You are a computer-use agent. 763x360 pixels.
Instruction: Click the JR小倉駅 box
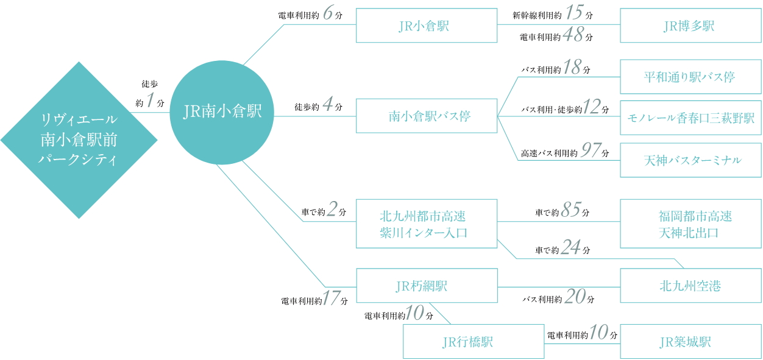tap(427, 26)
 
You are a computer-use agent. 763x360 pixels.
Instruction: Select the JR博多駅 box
tap(690, 26)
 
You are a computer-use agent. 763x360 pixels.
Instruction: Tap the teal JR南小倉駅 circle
tap(222, 111)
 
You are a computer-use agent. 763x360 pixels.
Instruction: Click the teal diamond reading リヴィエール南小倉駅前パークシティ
tap(79, 139)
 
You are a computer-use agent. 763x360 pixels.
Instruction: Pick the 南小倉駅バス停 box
tap(427, 116)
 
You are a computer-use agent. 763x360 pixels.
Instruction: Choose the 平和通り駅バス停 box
tap(690, 77)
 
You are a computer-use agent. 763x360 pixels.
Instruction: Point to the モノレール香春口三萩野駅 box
tap(690, 118)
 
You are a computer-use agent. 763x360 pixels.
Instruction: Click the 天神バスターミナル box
tap(690, 160)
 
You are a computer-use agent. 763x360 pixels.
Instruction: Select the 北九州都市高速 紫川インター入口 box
tap(427, 224)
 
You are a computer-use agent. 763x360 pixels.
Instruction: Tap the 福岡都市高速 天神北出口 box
tap(690, 224)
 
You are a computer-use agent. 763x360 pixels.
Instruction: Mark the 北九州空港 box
tap(690, 286)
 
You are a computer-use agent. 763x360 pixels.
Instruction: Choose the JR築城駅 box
tap(690, 342)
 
